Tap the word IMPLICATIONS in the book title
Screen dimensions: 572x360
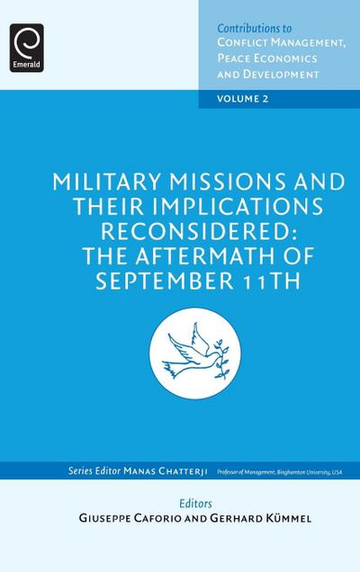(248, 205)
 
